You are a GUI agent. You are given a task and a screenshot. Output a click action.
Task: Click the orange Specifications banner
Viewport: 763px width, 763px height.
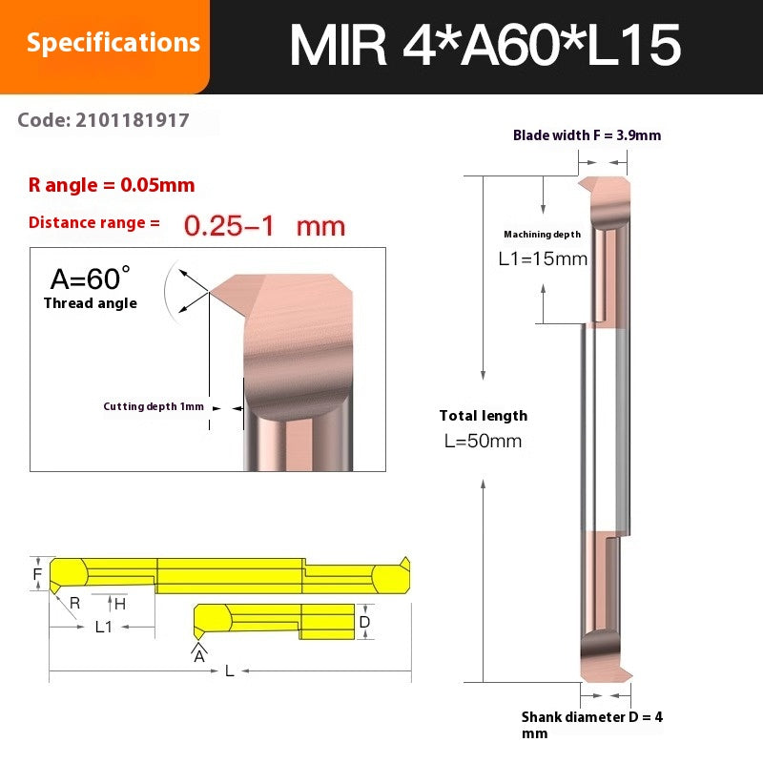(x=113, y=43)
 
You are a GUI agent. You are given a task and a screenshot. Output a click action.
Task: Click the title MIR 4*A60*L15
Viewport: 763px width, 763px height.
(x=485, y=45)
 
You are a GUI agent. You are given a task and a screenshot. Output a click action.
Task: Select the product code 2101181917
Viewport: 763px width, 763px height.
(x=104, y=121)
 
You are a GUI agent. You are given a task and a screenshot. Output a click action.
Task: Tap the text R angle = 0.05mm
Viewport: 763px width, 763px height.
(x=112, y=185)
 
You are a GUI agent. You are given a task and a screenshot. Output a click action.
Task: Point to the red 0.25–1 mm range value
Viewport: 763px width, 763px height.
(x=263, y=226)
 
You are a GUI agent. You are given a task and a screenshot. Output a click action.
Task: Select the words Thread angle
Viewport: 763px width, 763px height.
(x=90, y=303)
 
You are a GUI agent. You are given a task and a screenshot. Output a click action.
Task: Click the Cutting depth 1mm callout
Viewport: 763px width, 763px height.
(x=154, y=406)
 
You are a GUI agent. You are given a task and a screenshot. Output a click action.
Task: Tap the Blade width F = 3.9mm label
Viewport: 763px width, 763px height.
(x=587, y=135)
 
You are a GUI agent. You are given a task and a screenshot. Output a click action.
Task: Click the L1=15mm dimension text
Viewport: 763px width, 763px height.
(x=544, y=258)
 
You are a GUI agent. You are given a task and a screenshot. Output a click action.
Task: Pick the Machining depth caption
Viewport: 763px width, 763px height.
(x=542, y=235)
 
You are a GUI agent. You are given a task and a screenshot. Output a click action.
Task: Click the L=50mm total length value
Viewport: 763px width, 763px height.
(x=484, y=441)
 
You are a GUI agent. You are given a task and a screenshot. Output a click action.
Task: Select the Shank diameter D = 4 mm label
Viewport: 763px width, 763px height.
(x=591, y=724)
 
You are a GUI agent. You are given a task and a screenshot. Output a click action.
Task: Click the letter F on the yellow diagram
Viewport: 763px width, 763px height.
(x=37, y=575)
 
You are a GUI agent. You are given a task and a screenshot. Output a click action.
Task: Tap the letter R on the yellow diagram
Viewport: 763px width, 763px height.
(x=74, y=603)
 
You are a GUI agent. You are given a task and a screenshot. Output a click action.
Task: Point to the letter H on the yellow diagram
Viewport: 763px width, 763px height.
(x=120, y=603)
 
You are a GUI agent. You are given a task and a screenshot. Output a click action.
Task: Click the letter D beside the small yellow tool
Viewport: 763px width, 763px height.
(x=364, y=622)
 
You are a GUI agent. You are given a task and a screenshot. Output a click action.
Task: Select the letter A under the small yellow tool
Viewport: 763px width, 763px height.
(x=198, y=656)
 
